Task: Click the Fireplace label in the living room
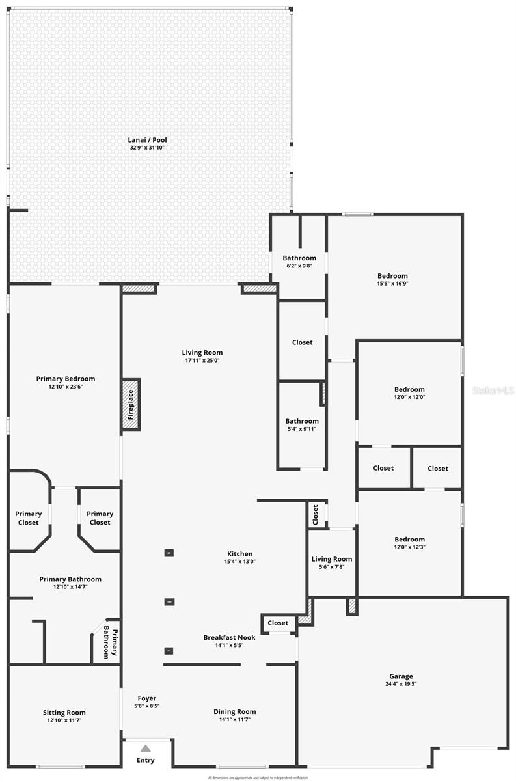(x=130, y=404)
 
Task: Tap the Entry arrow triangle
(x=146, y=748)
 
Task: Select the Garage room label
(x=401, y=676)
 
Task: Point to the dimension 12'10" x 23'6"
(x=65, y=387)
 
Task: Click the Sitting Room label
(x=64, y=713)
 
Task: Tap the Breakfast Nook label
(x=229, y=637)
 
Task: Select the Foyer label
(x=146, y=698)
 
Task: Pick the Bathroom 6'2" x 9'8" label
(x=299, y=258)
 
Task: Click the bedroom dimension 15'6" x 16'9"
(x=392, y=283)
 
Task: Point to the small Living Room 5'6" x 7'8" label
(x=332, y=559)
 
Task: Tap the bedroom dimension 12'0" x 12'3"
(x=409, y=547)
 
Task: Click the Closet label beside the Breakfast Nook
(x=278, y=623)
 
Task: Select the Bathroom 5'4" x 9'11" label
(x=302, y=421)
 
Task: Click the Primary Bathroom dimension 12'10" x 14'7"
(x=70, y=587)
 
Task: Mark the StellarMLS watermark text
(x=493, y=390)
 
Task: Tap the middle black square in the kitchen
(x=169, y=601)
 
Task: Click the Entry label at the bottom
(x=146, y=760)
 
